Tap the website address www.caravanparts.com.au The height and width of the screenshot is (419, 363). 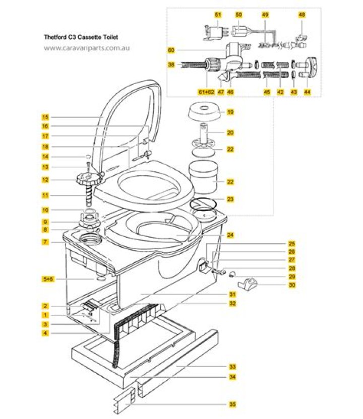coord(87,48)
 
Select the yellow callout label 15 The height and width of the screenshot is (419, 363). coord(45,117)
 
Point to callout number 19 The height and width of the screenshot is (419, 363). coord(230,112)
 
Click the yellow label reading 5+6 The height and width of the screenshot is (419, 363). coord(46,278)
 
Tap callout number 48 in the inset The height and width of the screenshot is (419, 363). coord(301,16)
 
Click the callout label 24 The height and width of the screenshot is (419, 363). coord(230,235)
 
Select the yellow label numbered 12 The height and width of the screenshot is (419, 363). coord(45,179)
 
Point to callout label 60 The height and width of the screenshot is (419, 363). coord(171,50)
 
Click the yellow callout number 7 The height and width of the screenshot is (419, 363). coord(45,242)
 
